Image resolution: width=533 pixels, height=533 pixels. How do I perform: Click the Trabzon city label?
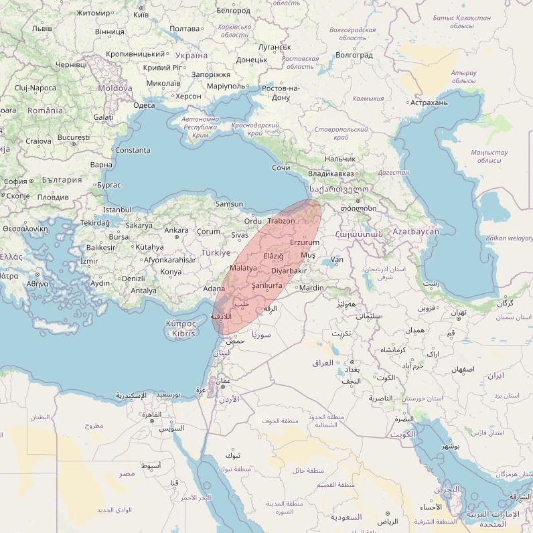[x=281, y=221]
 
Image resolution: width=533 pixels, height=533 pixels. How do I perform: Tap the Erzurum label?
[x=305, y=242]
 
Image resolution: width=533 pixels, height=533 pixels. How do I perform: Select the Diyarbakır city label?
[x=289, y=271]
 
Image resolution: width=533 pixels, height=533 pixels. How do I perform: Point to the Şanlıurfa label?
[x=266, y=285]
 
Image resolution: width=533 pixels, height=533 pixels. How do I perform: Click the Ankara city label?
[x=176, y=230]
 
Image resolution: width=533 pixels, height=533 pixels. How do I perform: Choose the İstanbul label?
[x=117, y=210]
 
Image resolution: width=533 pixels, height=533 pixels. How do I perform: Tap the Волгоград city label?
[x=354, y=55]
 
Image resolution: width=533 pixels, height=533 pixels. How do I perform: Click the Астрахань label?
[x=429, y=102]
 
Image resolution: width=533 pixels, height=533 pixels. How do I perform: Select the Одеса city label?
[x=144, y=105]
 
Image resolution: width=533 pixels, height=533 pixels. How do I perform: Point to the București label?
[x=74, y=137]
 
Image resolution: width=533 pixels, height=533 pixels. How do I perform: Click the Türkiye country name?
[x=215, y=253]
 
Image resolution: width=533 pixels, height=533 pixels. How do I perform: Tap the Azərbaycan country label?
[x=416, y=232]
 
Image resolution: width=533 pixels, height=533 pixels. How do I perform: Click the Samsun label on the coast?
[x=230, y=204]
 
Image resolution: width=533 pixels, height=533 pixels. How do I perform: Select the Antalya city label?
[x=143, y=291]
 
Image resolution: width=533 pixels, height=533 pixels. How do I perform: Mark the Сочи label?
[x=281, y=167]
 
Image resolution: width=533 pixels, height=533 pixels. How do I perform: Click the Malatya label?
[x=242, y=268]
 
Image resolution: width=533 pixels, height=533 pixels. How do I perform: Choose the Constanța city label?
[x=133, y=150]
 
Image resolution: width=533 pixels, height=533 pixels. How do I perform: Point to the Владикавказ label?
[x=331, y=173]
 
